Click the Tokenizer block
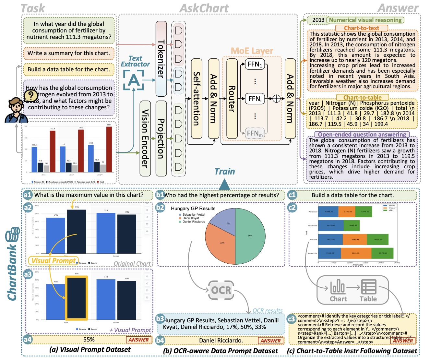(x=161, y=59)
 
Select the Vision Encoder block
(x=145, y=138)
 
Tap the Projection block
(x=161, y=138)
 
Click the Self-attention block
(x=197, y=99)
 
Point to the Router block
(x=232, y=99)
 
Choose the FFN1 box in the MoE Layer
(x=255, y=64)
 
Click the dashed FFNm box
(x=255, y=133)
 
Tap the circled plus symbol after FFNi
(x=276, y=99)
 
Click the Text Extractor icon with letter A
(x=134, y=80)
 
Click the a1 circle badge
(x=28, y=195)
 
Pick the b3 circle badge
(x=160, y=319)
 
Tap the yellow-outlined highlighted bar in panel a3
(x=77, y=298)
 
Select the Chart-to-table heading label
(x=362, y=97)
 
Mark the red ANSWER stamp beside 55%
(x=138, y=340)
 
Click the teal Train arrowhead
(x=224, y=185)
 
